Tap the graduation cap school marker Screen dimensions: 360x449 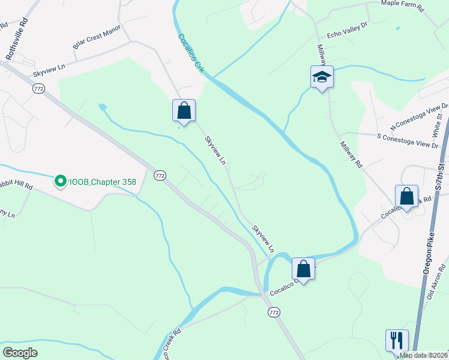click(x=322, y=77)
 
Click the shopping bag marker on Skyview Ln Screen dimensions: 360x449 click(x=184, y=110)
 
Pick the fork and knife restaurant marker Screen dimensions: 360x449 click(x=397, y=340)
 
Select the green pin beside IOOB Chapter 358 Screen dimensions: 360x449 click(x=60, y=181)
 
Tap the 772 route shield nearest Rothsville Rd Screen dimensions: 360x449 click(x=38, y=88)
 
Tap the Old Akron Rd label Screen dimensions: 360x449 click(x=438, y=281)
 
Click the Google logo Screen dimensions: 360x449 click(x=20, y=352)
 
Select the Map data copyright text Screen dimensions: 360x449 click(x=423, y=355)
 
